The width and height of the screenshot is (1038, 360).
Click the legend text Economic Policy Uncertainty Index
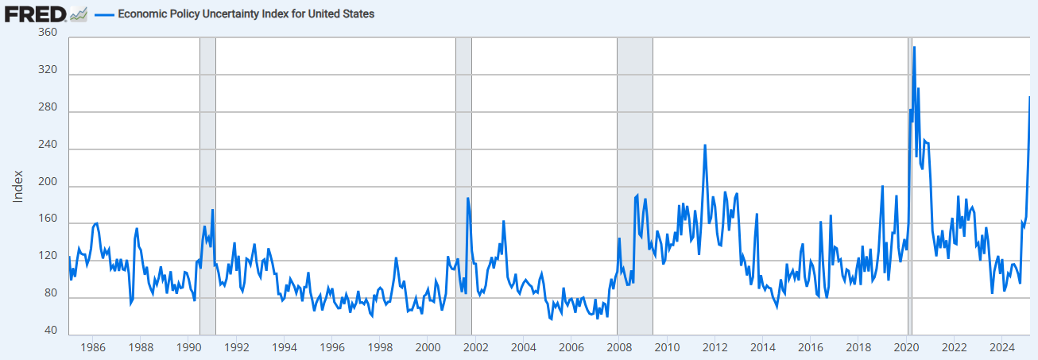click(246, 14)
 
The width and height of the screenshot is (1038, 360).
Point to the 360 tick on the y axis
click(48, 32)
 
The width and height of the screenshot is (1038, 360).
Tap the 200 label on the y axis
click(48, 187)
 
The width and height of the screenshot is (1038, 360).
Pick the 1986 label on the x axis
click(93, 346)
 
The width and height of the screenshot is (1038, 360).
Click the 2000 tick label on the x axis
click(428, 346)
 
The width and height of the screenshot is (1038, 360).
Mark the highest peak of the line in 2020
click(914, 48)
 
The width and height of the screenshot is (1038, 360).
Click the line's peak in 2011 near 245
click(705, 145)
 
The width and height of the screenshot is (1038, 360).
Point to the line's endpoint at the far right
click(1029, 97)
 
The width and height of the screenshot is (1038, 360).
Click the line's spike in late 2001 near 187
click(468, 198)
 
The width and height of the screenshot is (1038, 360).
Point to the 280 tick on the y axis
click(48, 112)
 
